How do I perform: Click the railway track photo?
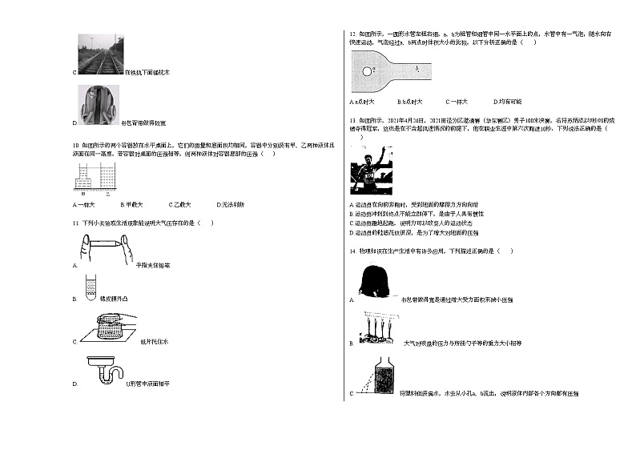(99, 53)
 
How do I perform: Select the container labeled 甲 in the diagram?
(83, 178)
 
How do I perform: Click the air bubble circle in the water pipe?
(365, 70)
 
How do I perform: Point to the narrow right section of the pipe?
(413, 71)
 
